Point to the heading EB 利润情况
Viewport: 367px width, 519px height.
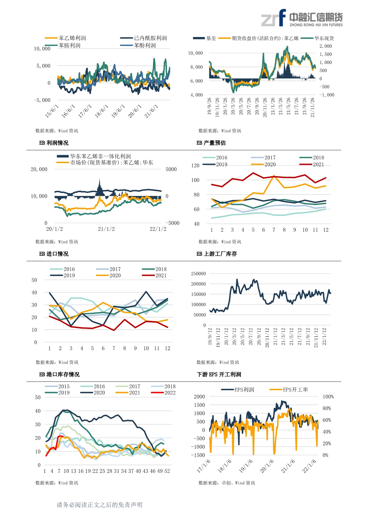[x=54, y=143]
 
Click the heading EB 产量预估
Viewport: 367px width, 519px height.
[x=211, y=143]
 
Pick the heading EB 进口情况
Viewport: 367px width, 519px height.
[x=54, y=254]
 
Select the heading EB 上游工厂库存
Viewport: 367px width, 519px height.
[x=217, y=254]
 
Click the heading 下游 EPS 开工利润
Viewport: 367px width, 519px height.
[x=219, y=374]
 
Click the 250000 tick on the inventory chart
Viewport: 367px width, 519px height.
[x=198, y=274]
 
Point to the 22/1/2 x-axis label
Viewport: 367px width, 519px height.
[x=158, y=229]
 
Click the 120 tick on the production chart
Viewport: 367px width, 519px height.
[x=195, y=165]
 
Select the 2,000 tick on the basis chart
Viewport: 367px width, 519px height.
[x=326, y=46]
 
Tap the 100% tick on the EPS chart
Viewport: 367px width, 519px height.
[x=328, y=397]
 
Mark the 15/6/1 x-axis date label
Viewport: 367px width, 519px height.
[x=52, y=111]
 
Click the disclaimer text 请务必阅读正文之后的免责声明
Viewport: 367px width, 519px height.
[x=99, y=504]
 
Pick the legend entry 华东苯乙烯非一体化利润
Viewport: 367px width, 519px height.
[x=100, y=156]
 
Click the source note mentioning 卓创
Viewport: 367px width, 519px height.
[x=227, y=483]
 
